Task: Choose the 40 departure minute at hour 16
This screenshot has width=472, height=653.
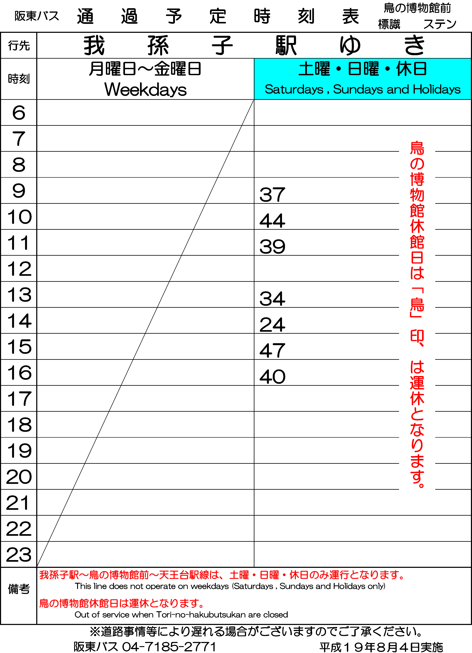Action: (272, 377)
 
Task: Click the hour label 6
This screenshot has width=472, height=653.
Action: (19, 113)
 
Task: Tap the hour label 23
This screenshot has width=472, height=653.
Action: (19, 555)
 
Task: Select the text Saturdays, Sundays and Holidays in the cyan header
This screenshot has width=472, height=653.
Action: (363, 89)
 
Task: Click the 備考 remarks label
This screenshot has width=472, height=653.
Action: (19, 589)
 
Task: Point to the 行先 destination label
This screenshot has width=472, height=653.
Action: (19, 45)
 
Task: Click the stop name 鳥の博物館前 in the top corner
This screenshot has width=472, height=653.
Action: (417, 8)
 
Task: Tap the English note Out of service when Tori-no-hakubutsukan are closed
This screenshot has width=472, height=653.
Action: (181, 615)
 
